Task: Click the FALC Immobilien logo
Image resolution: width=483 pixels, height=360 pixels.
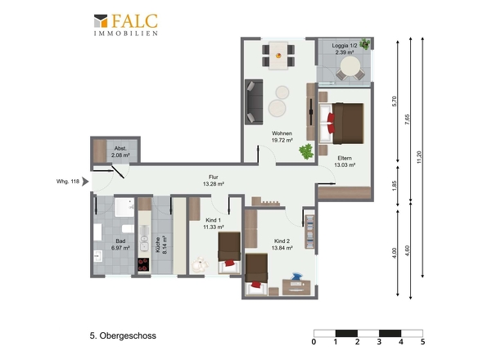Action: (126, 25)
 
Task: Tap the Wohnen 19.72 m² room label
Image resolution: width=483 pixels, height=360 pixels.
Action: (282, 137)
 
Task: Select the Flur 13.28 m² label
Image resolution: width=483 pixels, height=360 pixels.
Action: (213, 181)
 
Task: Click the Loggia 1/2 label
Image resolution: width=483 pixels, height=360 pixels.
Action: (345, 46)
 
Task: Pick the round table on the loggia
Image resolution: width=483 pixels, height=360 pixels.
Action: (350, 66)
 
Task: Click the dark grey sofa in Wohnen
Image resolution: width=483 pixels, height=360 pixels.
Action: (254, 102)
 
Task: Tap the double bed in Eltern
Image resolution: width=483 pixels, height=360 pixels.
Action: (341, 124)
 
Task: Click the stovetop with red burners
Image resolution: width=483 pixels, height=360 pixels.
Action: (143, 264)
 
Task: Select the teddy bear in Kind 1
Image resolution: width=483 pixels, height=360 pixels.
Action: (199, 264)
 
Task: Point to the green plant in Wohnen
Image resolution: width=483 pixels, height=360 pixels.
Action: (306, 151)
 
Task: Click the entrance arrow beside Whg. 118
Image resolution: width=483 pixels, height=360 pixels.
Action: (85, 182)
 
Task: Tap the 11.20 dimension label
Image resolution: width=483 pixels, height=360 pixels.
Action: (418, 157)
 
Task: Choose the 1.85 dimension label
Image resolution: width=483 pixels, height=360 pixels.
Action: (395, 186)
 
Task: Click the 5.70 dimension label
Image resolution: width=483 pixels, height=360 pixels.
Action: (395, 101)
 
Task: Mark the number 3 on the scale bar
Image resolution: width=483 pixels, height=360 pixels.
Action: (379, 341)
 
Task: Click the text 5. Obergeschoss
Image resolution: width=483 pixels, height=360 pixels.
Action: (123, 335)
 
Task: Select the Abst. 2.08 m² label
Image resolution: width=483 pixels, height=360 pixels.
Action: (120, 152)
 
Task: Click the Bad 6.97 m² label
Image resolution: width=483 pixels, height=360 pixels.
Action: (120, 244)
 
